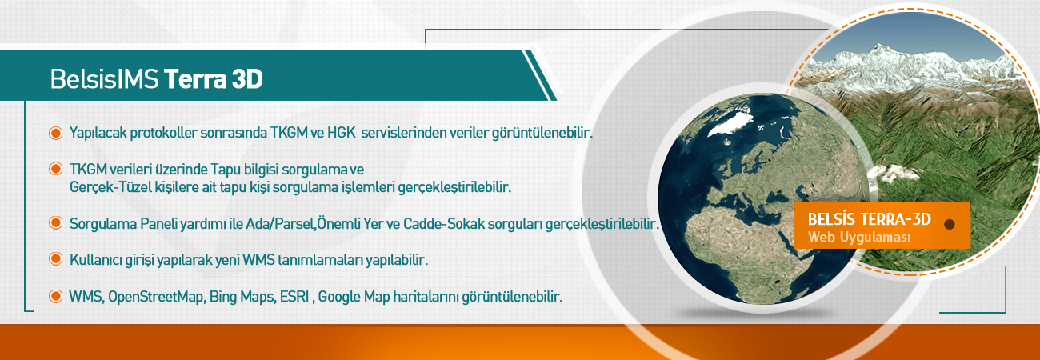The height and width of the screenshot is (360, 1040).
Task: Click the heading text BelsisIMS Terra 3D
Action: (x=156, y=79)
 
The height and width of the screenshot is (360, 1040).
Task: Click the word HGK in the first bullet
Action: (x=342, y=133)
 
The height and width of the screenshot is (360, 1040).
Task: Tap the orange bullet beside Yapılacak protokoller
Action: (x=56, y=134)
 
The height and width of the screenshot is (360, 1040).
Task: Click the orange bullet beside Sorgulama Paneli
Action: (x=56, y=223)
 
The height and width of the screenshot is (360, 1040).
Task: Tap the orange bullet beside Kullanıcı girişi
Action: (x=56, y=258)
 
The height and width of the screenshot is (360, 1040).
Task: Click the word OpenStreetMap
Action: (x=156, y=296)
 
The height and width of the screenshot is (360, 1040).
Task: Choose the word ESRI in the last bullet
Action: (x=294, y=296)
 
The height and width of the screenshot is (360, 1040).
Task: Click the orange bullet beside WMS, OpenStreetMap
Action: (x=56, y=296)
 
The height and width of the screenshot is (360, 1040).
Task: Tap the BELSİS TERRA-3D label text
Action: (x=869, y=219)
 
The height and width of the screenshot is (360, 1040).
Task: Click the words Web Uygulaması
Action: (x=859, y=238)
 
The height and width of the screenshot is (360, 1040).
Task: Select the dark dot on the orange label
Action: (x=950, y=224)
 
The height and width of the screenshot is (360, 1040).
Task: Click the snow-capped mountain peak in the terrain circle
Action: (x=879, y=49)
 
